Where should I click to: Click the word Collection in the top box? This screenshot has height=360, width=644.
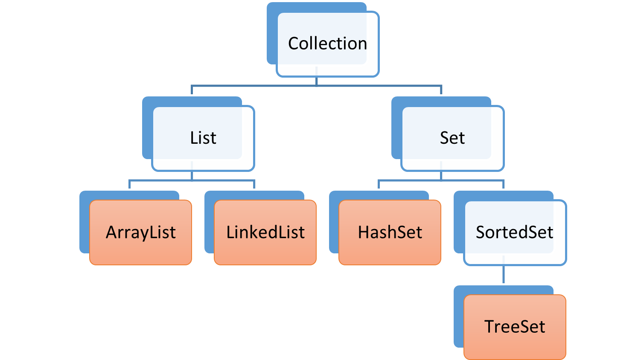(327, 44)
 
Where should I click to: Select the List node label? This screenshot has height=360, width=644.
(203, 138)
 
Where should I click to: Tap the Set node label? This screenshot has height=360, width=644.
(452, 138)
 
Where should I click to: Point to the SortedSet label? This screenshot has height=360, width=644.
(514, 232)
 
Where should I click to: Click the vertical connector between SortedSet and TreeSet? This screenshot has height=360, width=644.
(504, 275)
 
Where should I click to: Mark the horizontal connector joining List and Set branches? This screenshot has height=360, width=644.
(256, 86)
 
